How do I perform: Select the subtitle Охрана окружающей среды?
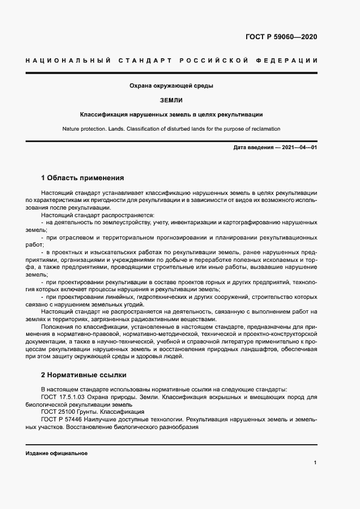[171, 86]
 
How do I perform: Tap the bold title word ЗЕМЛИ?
[172, 100]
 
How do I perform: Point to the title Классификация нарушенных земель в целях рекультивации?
[172, 115]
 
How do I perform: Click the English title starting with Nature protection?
[172, 129]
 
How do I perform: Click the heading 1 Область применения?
[83, 177]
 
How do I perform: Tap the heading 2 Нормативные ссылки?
[83, 376]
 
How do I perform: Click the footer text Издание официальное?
[57, 453]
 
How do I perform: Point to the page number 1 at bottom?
[315, 462]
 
